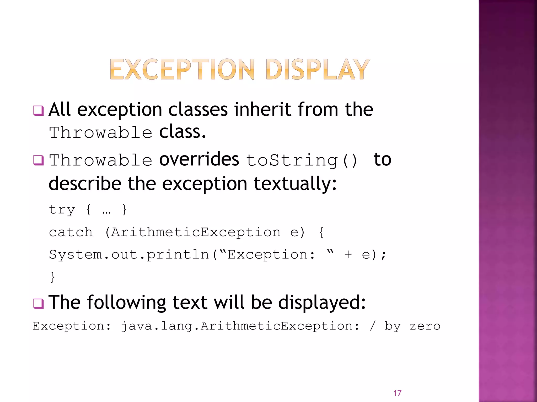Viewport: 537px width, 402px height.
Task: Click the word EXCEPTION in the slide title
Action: [182, 69]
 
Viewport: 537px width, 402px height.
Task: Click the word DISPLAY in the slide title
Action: [318, 69]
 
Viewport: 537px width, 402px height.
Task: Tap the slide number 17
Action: [397, 393]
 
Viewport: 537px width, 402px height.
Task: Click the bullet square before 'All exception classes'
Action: [38, 110]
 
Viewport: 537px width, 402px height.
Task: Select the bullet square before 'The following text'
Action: [38, 304]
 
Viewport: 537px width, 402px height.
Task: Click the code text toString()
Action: [302, 160]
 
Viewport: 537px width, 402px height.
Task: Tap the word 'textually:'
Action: [295, 184]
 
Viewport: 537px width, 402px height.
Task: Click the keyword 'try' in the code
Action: [62, 210]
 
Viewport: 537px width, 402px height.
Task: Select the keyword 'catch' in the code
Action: [71, 232]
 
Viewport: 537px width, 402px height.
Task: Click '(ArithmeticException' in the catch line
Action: [193, 232]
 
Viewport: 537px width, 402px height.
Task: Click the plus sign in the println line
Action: [348, 254]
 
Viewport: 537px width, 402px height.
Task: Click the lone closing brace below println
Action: [53, 277]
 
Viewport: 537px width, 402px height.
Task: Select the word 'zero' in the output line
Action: [425, 326]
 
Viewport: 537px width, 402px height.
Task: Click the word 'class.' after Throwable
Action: [182, 132]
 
